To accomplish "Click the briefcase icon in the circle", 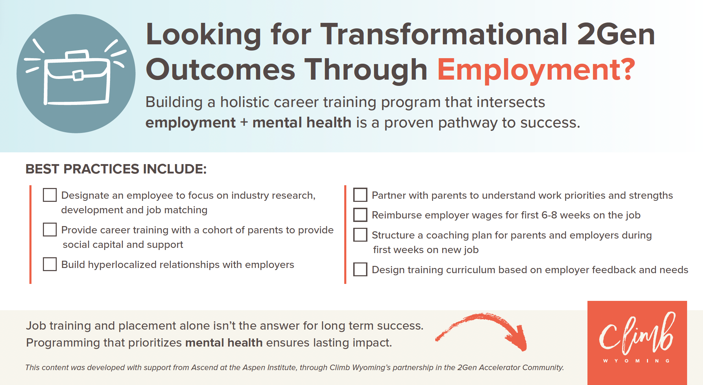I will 77,78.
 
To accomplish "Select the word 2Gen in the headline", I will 616,34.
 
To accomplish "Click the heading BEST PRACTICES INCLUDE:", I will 116,169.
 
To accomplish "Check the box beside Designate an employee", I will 50,195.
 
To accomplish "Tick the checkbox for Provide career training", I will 50,230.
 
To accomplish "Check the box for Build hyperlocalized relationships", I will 50,264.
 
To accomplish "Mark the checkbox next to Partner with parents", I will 360,195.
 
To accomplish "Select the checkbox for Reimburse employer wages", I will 360,215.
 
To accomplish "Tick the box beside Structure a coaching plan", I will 360,235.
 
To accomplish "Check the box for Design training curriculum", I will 360,269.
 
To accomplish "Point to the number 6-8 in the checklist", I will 549,215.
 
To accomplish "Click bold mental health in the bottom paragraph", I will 224,343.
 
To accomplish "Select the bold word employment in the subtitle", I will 190,123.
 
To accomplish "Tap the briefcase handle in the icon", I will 77,55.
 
